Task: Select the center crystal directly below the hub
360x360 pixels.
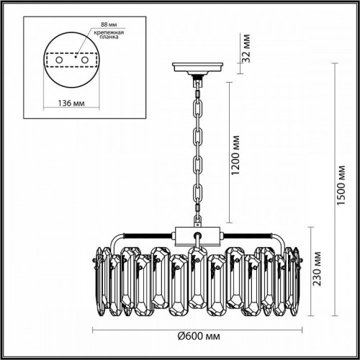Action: point(196,281)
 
